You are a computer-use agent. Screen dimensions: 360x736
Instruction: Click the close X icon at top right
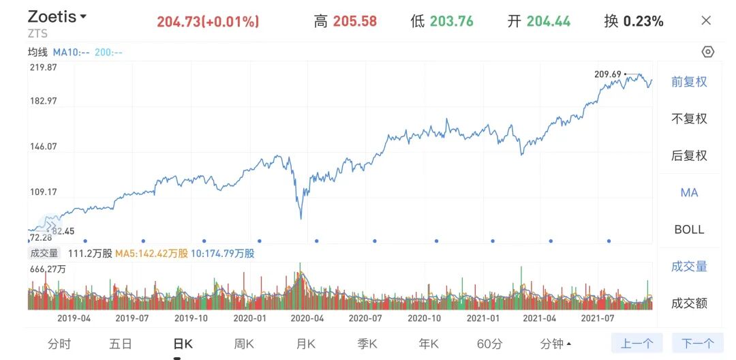click(706, 20)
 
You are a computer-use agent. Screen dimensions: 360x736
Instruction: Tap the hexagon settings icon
click(707, 52)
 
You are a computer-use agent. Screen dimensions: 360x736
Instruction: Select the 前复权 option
click(689, 82)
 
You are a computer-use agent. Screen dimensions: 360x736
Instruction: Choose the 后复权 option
click(689, 155)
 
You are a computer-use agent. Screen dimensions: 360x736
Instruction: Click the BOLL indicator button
click(689, 229)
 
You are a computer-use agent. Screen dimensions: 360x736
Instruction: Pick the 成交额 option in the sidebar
click(689, 303)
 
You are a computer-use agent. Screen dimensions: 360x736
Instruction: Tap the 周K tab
click(244, 344)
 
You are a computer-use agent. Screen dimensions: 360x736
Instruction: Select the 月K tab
click(306, 344)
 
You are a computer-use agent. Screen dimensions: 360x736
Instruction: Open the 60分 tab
click(489, 344)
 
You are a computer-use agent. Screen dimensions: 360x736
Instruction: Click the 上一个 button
click(637, 344)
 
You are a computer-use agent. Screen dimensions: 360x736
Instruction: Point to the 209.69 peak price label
click(608, 74)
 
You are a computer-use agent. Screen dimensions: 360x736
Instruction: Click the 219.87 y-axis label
click(43, 67)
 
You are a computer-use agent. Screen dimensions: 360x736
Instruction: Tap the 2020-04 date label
click(307, 318)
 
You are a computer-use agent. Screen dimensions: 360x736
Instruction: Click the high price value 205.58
click(354, 21)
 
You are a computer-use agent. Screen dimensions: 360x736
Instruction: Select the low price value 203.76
click(451, 21)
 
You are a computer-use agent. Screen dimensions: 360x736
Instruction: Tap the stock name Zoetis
click(52, 17)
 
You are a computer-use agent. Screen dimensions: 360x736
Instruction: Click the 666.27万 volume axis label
click(47, 269)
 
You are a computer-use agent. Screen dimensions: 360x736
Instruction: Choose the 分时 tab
click(59, 344)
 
